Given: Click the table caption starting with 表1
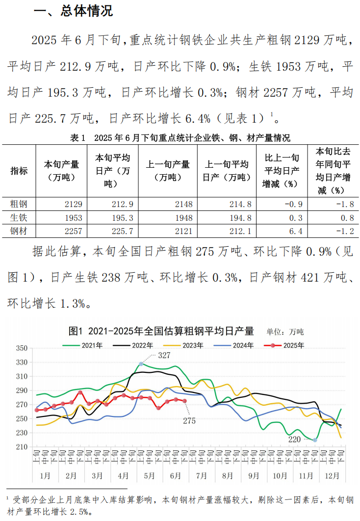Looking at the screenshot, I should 180,138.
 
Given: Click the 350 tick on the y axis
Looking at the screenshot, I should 21,348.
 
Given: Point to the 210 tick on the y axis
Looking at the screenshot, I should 21,447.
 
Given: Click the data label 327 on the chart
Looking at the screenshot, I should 164,355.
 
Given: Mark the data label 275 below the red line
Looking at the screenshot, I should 189,420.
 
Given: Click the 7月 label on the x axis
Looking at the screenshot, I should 202,476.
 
